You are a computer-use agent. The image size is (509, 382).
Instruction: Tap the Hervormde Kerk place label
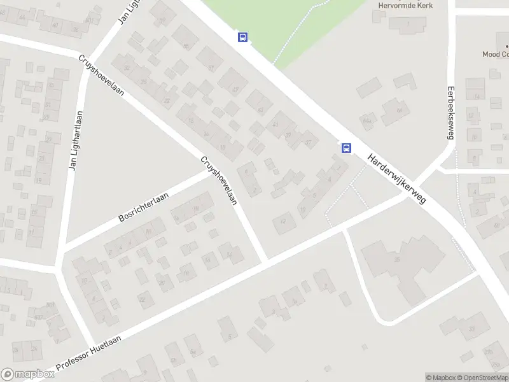(407, 5)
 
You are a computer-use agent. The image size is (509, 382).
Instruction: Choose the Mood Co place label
(495, 55)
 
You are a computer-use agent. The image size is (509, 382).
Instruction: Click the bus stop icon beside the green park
(242, 37)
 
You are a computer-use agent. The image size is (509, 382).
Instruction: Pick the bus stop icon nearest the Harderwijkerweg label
(346, 148)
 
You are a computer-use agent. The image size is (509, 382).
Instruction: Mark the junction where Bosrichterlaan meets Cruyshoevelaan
(211, 172)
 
